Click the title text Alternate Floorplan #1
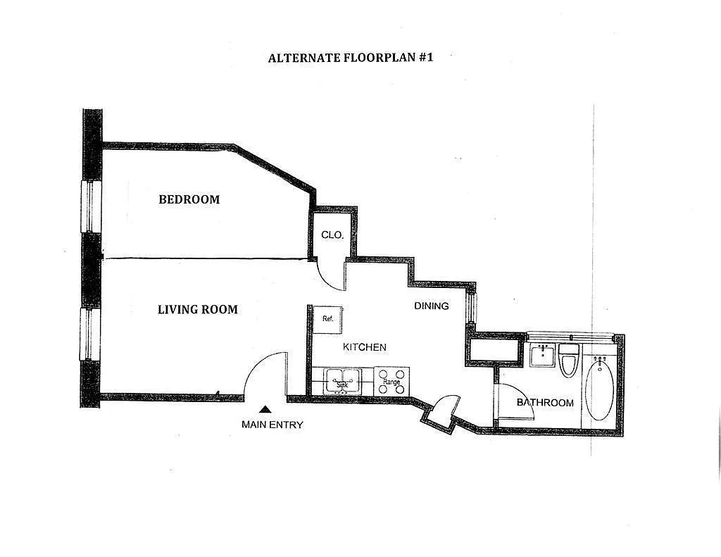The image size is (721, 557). coord(350,58)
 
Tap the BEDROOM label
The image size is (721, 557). coord(189,199)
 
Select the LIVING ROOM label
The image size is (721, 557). coord(197,309)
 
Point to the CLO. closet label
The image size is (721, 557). coord(332,234)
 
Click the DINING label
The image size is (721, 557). coord(431,306)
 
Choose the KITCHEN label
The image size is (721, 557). coord(364,347)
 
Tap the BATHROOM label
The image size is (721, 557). coord(545,403)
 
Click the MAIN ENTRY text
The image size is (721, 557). coord(272,425)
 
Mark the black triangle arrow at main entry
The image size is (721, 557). coord(265,408)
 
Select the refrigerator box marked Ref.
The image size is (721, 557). coord(328,319)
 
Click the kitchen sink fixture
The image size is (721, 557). coord(342,381)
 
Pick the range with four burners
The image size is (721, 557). coord(391,381)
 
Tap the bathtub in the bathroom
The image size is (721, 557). coord(599,388)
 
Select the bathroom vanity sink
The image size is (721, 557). coord(543,356)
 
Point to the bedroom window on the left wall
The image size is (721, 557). coord(90,206)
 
